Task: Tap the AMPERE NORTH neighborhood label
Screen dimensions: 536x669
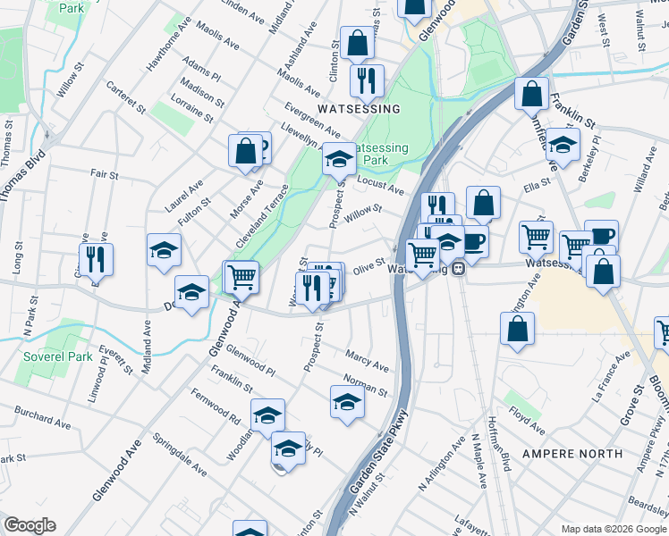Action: (x=572, y=453)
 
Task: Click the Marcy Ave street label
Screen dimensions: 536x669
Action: (x=368, y=361)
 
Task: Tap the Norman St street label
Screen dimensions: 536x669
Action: (x=369, y=385)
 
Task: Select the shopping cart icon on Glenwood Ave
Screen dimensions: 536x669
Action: (x=241, y=277)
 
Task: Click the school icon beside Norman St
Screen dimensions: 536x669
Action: (x=347, y=403)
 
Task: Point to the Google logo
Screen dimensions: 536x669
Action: (x=30, y=525)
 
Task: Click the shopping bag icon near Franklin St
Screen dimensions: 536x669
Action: (x=531, y=94)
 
